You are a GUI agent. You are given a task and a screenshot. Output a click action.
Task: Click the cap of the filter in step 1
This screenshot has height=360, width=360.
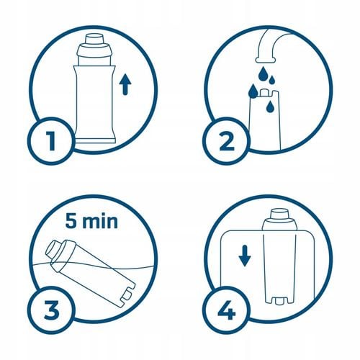tap(94, 42)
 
